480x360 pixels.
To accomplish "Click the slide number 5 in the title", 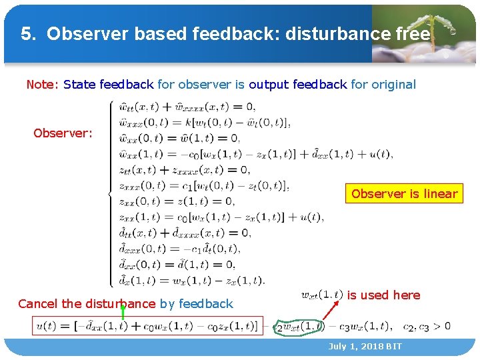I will [x=25, y=34].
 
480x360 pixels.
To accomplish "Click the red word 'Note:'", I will [x=43, y=85].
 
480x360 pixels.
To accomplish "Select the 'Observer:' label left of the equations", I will [x=63, y=133].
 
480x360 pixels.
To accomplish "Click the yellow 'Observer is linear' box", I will [x=404, y=194].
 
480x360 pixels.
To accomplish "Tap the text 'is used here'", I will [x=384, y=295].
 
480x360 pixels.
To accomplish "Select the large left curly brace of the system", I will [x=109, y=193].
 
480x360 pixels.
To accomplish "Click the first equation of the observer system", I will [x=187, y=107].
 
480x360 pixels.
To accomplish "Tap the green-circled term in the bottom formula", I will [x=300, y=327].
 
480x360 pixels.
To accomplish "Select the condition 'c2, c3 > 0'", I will [x=427, y=327].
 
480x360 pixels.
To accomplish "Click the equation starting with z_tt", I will [x=193, y=170].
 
